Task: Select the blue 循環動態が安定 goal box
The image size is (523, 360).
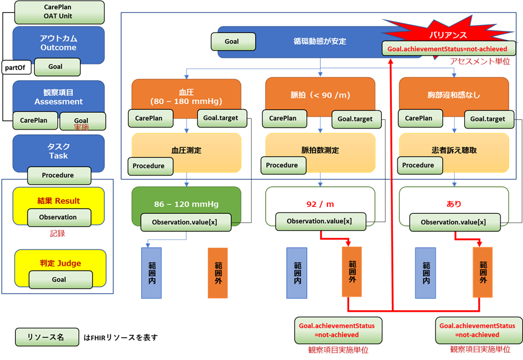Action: pos(320,41)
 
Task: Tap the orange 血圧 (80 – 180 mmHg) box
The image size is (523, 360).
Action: pos(186,95)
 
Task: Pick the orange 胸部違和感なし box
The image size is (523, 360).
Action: pos(453,95)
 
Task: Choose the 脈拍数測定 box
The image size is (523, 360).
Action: pos(320,150)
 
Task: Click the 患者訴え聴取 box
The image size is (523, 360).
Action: pos(453,150)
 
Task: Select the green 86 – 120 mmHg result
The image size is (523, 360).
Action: pos(186,204)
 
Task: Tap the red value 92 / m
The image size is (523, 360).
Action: pos(320,204)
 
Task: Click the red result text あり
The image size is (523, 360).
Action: pos(453,204)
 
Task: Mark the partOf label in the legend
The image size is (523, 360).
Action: pos(16,68)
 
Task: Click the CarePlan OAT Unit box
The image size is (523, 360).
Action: pos(58,12)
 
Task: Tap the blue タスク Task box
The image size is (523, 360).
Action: pos(58,151)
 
